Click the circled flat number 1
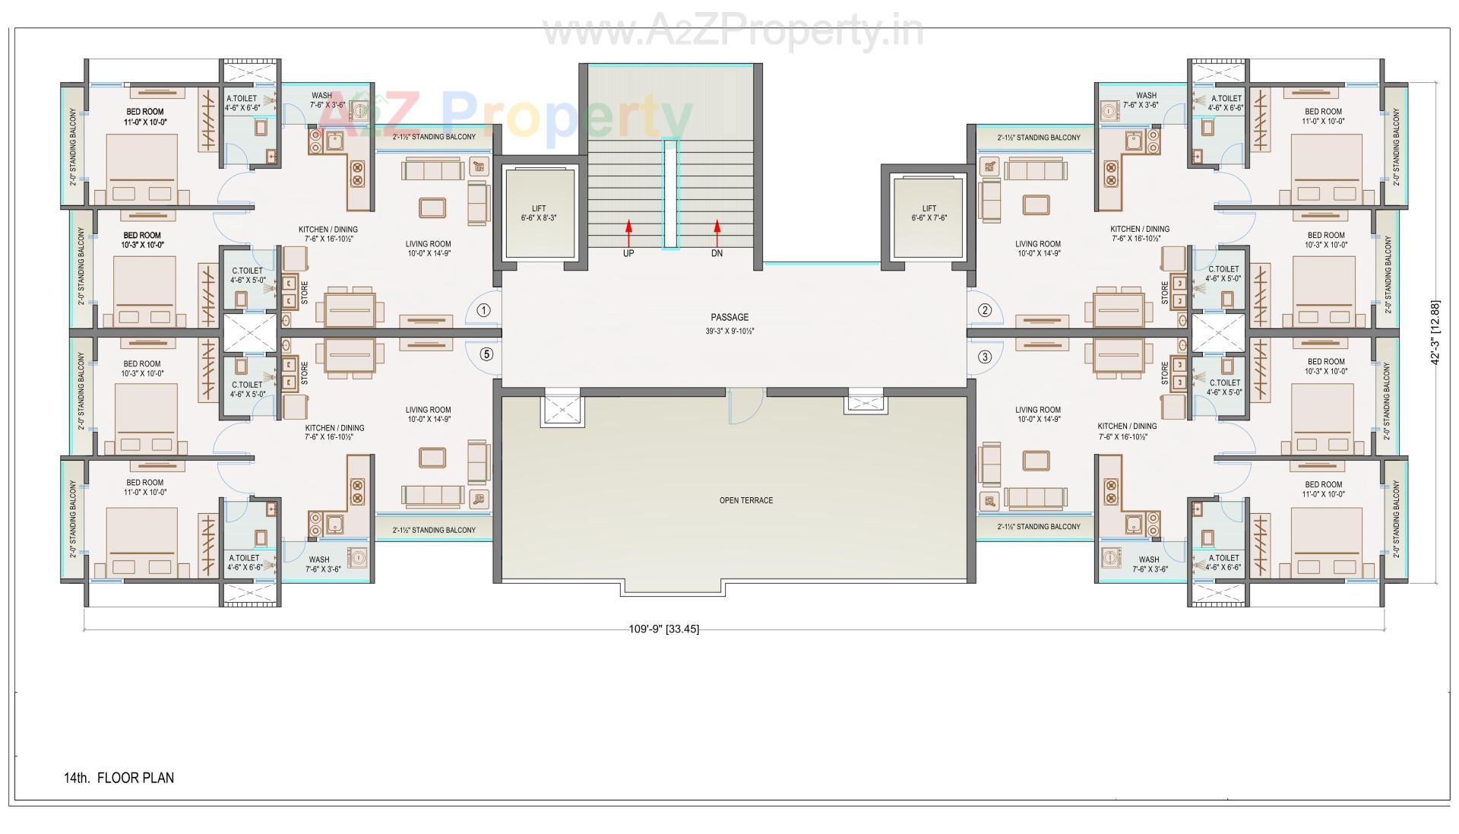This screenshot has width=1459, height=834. pos(484,309)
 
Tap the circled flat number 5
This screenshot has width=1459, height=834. pos(486,354)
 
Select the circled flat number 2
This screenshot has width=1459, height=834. pos(985,309)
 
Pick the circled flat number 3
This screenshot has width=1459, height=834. pos(985,356)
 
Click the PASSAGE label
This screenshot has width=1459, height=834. pos(729,317)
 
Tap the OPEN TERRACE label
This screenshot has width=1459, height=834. pos(745,500)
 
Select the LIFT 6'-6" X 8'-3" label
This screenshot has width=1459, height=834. pos(539,213)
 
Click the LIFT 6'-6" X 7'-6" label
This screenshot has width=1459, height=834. pos(929,213)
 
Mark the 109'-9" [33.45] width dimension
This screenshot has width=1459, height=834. pos(663,629)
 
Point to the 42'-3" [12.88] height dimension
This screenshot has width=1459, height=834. pos(1434,332)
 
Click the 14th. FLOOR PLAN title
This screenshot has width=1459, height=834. pos(119,778)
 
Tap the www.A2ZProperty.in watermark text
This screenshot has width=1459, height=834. pos(733,32)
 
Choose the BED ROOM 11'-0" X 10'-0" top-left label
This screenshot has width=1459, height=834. pos(144,116)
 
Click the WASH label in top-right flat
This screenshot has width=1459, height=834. pos(1146,96)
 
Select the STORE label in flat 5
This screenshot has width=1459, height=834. pos(305,373)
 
